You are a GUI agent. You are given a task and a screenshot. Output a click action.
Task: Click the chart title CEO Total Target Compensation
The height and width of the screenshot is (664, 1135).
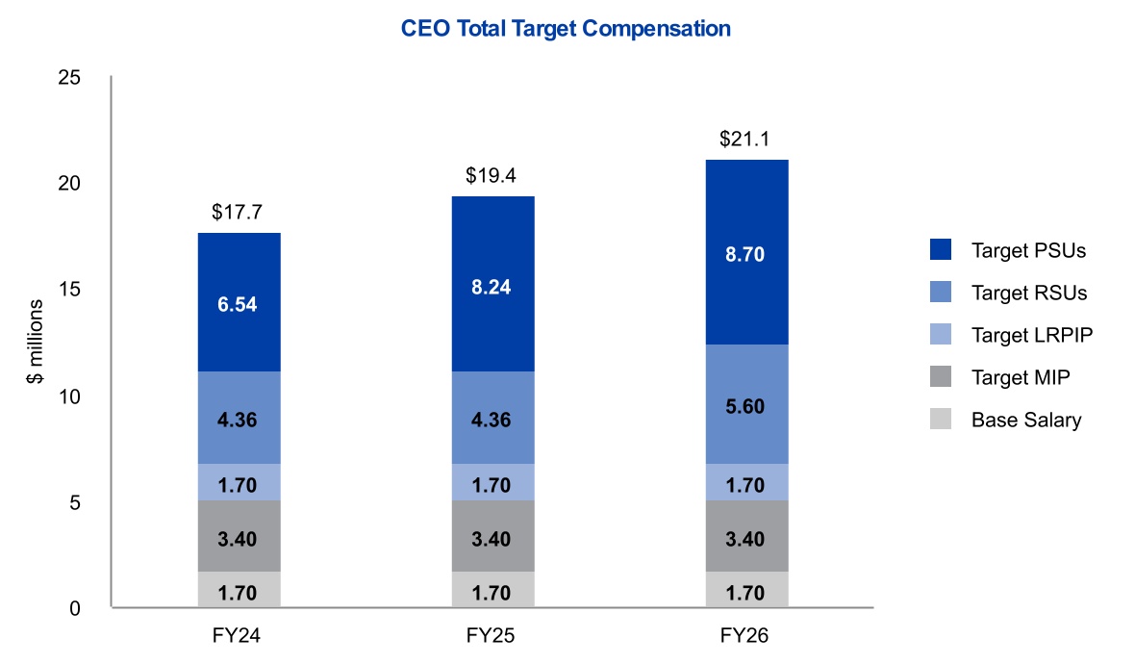coord(566,29)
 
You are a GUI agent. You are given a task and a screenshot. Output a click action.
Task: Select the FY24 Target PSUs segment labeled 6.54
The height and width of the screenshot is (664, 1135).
coord(239,302)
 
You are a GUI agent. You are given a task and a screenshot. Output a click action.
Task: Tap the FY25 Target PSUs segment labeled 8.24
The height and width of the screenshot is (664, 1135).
coord(492,284)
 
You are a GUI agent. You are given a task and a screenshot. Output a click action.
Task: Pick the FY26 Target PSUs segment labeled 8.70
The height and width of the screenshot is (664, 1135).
coord(747,252)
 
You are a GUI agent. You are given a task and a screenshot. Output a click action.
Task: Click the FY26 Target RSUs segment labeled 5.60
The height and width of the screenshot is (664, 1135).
coord(747,404)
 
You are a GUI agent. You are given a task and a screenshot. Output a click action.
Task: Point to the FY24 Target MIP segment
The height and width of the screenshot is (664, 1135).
coord(239,536)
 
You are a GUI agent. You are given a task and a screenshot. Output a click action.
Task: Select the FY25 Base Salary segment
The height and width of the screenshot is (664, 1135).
coord(492,589)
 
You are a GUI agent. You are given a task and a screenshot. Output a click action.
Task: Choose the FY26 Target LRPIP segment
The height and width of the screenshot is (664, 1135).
coord(747,482)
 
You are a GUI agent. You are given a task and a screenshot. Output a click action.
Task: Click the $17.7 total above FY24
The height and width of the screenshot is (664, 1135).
coord(238,212)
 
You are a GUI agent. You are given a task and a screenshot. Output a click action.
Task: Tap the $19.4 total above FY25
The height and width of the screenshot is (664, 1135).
coord(491,175)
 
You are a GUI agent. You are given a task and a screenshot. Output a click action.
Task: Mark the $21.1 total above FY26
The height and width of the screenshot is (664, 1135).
coord(744,139)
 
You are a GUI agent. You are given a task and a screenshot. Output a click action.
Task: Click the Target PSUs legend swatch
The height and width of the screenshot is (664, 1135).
coord(941,250)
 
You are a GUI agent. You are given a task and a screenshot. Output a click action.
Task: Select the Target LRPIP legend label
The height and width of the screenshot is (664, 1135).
coord(1031,335)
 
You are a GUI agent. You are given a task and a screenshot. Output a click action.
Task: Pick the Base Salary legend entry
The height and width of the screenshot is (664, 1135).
coord(1006,420)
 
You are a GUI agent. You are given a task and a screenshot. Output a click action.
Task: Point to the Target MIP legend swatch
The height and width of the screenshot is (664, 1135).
coord(941,376)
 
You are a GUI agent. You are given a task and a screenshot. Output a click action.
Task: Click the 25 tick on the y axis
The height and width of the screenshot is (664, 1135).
coord(69,78)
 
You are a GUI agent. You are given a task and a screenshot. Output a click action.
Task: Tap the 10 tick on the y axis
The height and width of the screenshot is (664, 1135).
coord(69,396)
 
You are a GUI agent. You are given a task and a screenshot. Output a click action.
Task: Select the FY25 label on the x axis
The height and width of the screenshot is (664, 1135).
coord(491,636)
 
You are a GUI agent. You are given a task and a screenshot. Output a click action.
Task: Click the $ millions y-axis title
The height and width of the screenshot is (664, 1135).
coord(35,341)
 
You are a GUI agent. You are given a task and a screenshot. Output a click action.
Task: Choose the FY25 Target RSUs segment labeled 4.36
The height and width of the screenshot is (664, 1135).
coord(492,418)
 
